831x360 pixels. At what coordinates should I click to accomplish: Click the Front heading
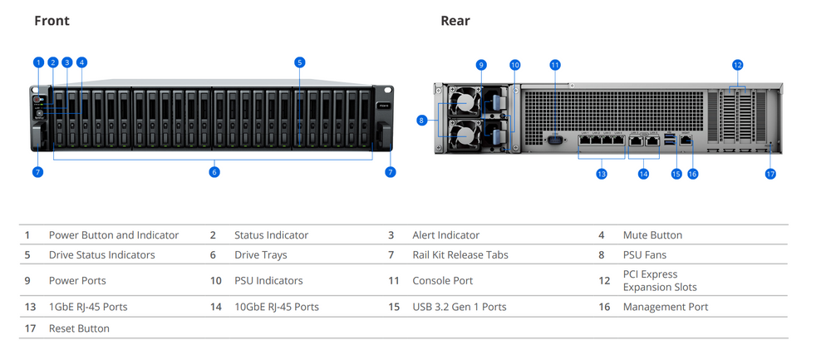point(52,21)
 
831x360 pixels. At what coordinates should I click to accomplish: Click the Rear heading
point(455,21)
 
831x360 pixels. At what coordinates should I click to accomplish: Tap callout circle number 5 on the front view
point(300,62)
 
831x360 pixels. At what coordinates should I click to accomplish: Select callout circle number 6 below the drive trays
point(214,172)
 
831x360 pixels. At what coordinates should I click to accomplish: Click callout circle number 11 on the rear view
point(555,65)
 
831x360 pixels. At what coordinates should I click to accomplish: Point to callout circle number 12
point(737,65)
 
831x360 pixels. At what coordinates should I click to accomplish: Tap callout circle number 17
point(770,174)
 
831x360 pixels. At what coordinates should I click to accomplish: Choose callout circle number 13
point(601,174)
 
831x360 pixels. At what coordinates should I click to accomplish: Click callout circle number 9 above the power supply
point(480,65)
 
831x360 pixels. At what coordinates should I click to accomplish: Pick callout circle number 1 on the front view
point(38,62)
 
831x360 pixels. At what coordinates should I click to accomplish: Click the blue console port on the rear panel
point(555,140)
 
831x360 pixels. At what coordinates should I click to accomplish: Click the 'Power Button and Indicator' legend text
point(114,235)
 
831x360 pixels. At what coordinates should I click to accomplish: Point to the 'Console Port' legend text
point(443,281)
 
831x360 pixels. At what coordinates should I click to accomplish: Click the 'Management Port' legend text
point(666,307)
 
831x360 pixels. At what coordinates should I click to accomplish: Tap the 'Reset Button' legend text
point(79,328)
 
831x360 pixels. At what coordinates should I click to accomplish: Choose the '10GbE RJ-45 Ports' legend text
point(277,307)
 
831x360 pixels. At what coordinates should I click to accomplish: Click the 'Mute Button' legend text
point(652,235)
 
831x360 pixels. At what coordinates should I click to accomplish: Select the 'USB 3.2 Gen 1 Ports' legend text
point(460,307)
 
